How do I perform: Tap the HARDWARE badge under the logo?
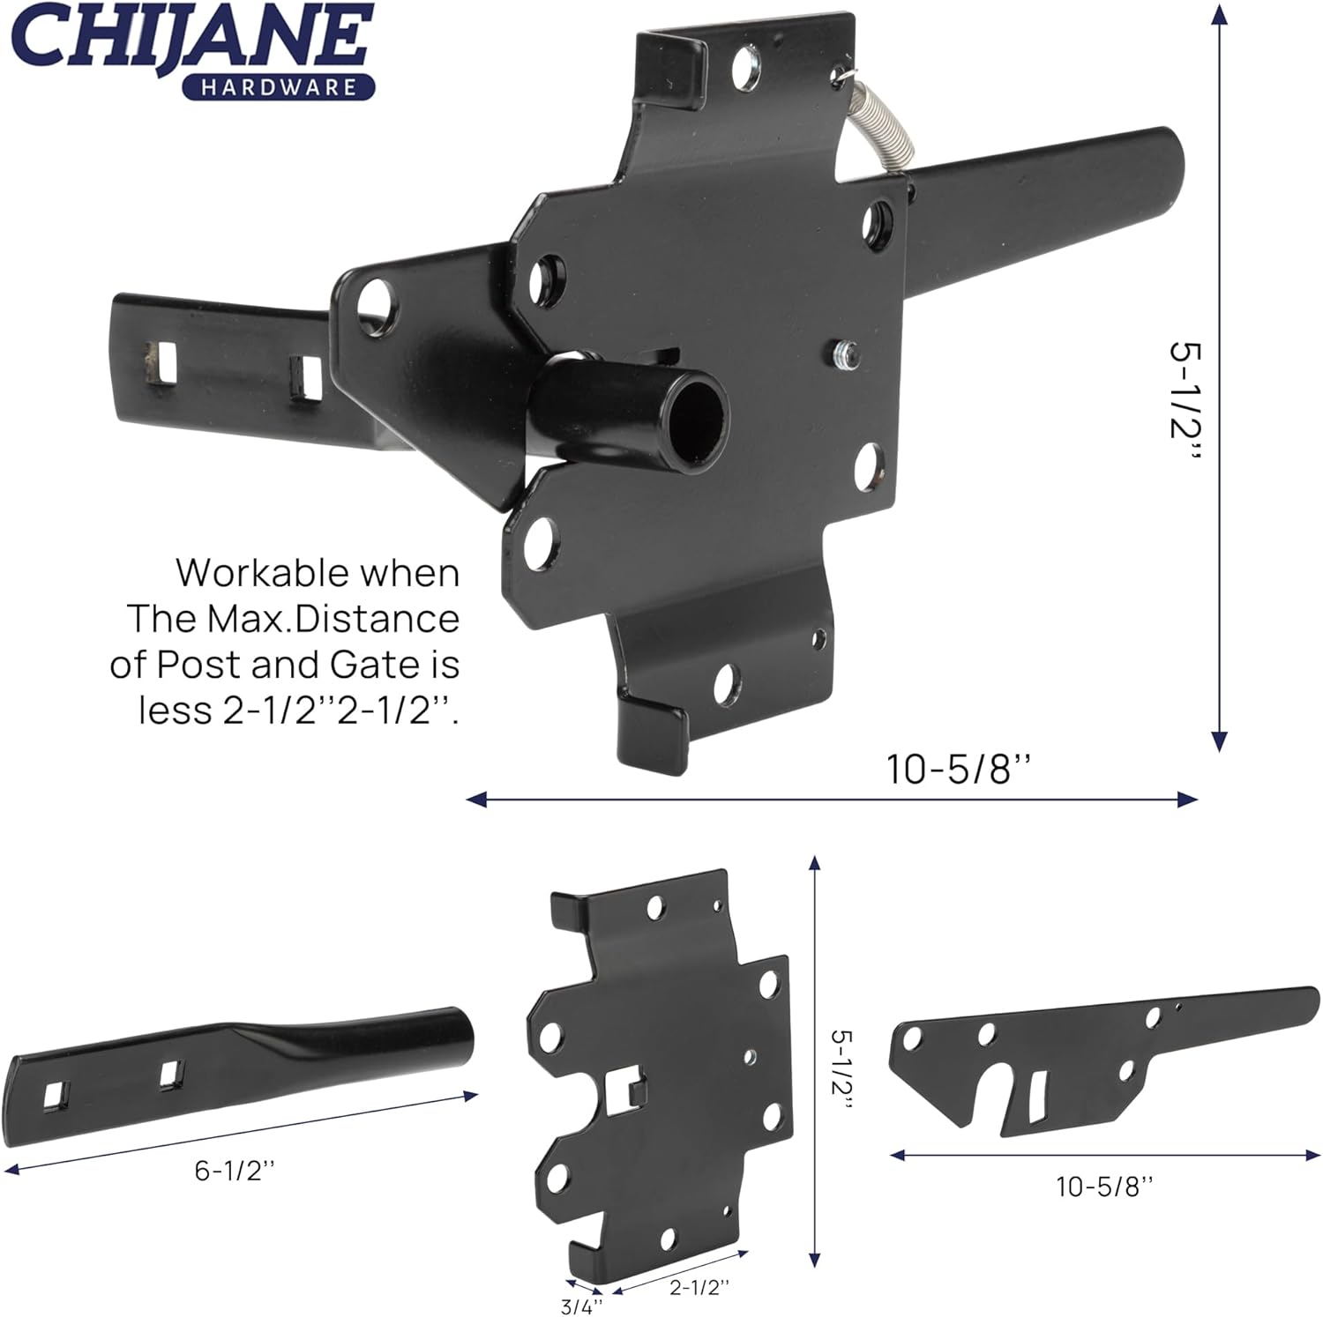[279, 87]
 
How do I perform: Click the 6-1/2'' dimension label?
[235, 1171]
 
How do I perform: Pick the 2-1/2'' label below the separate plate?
[699, 1287]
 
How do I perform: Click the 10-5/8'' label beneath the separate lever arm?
[1104, 1187]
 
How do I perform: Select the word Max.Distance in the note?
[333, 619]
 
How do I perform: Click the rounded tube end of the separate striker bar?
[455, 1032]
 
